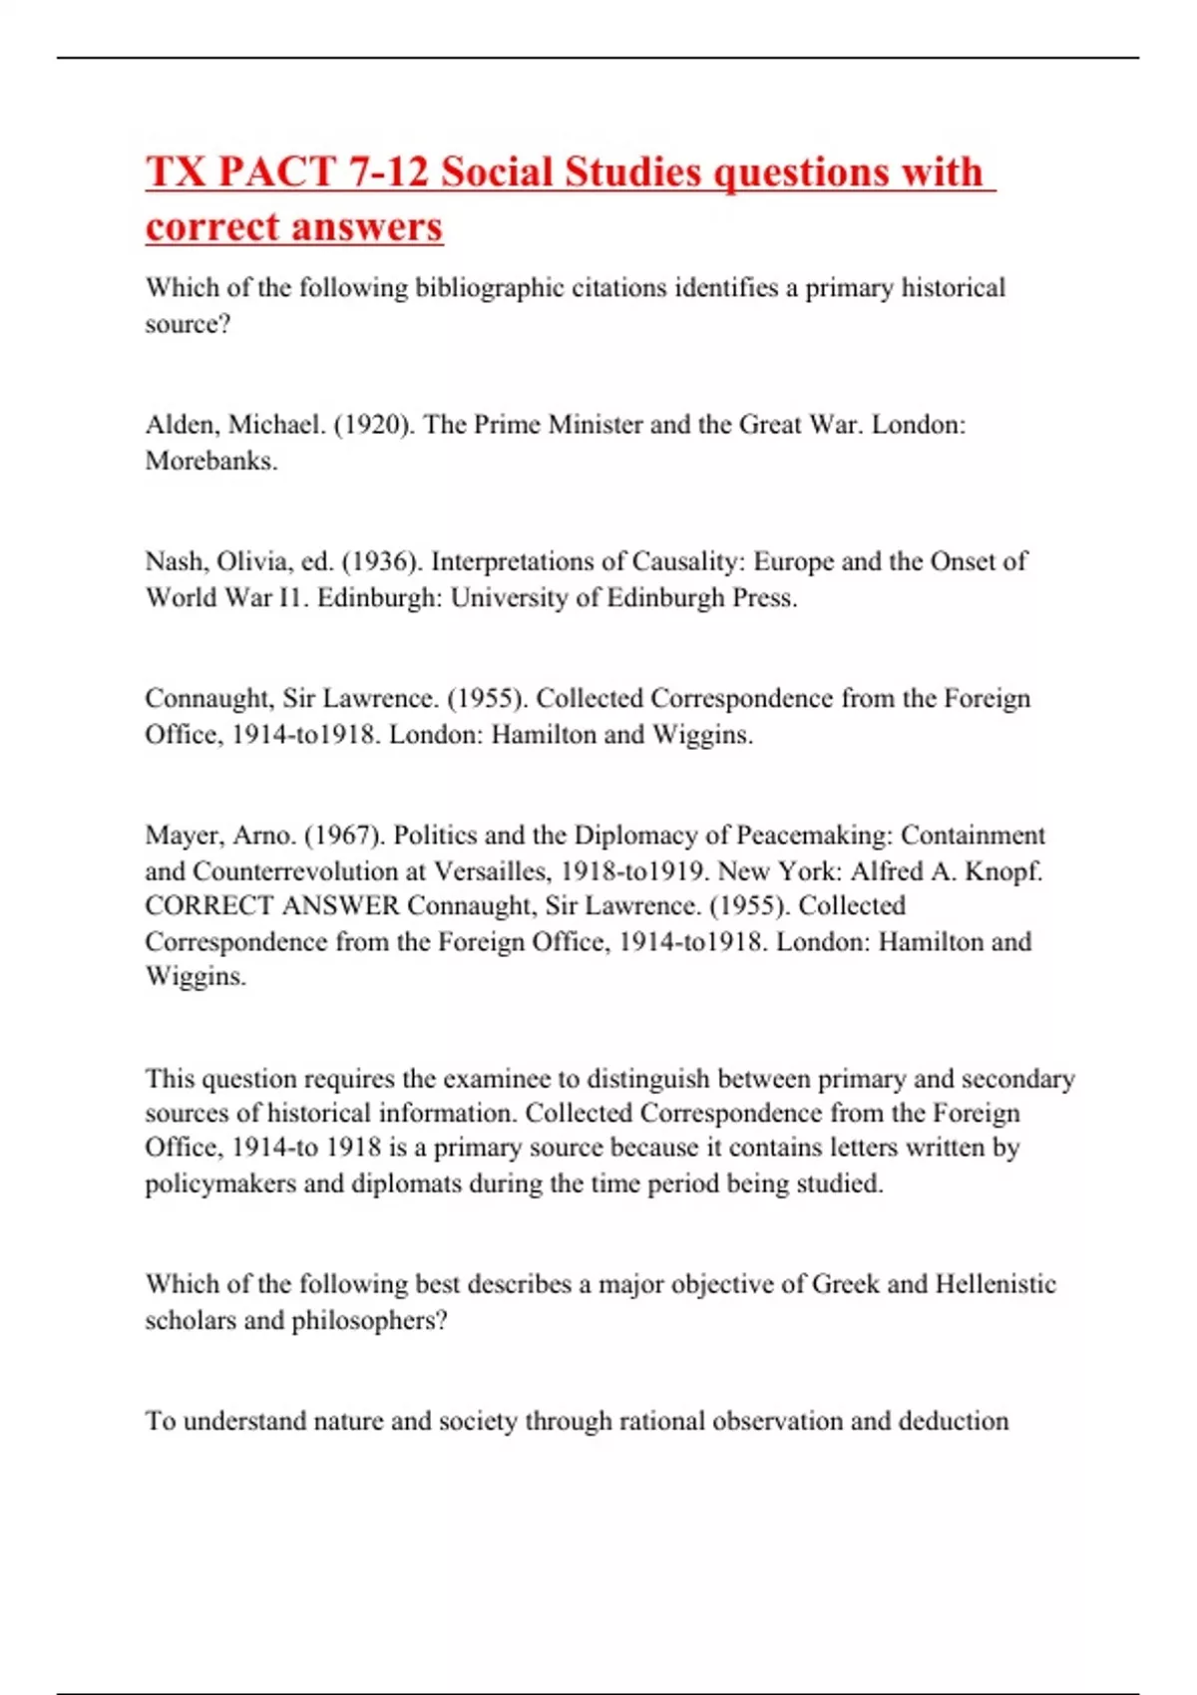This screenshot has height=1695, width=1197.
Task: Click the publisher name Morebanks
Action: coord(210,461)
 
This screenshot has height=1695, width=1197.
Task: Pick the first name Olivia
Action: coord(255,561)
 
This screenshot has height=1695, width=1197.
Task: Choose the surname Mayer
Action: coord(182,835)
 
